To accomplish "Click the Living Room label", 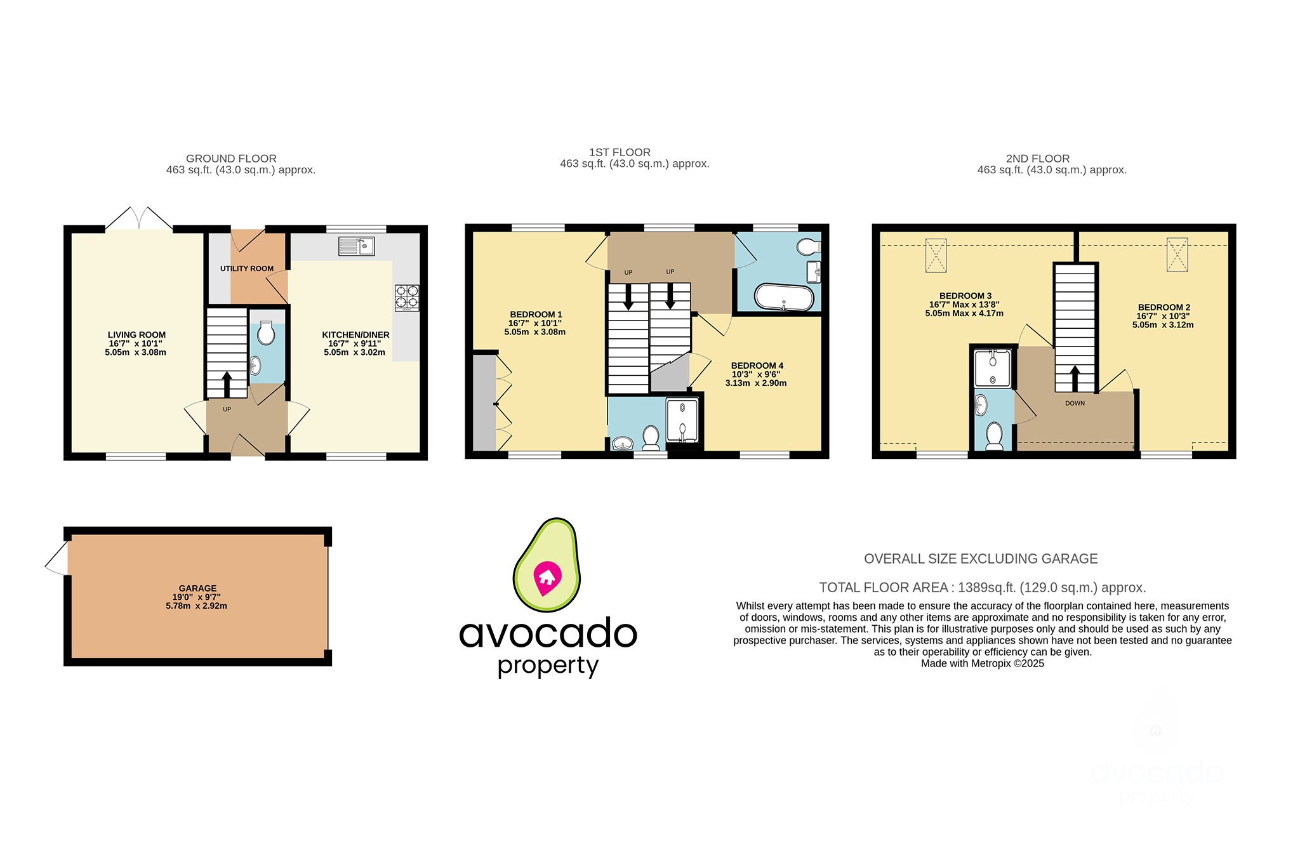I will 136,335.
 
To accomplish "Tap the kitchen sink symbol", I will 357,246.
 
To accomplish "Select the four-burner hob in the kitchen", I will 407,298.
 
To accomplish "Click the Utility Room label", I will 247,268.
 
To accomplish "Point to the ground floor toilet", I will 267,333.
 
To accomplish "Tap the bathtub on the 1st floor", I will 784,297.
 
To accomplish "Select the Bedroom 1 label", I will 536,315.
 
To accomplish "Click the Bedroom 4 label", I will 757,366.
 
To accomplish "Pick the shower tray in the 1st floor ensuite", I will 682,420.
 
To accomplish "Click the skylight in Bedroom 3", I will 936,255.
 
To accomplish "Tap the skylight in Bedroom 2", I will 1177,255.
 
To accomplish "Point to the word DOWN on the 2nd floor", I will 1075,403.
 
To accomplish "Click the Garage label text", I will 197,588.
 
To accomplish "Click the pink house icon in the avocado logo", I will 547,577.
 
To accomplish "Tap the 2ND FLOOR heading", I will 1037,159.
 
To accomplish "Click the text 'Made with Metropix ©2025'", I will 982,663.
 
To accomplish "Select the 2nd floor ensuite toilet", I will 994,435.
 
